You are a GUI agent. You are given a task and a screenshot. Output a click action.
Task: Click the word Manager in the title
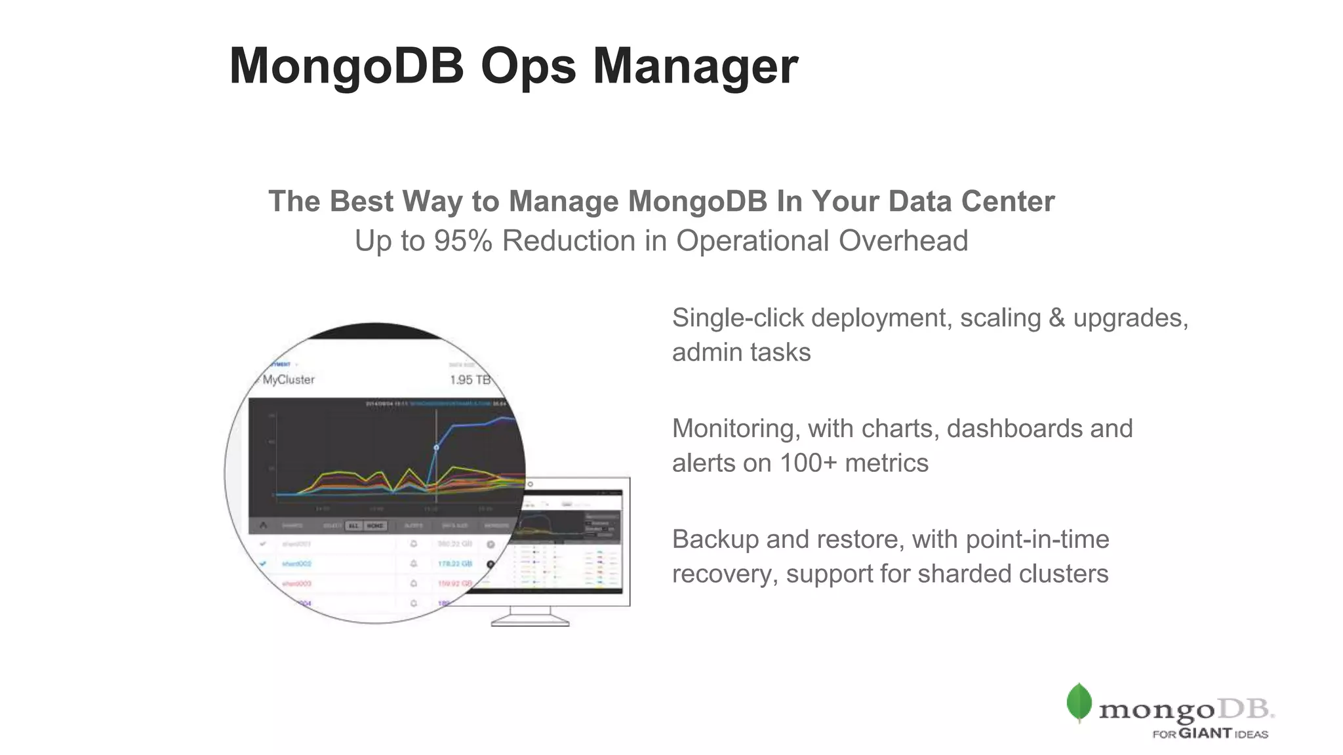pyautogui.click(x=695, y=66)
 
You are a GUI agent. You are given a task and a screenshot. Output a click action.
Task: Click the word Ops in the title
pyautogui.click(x=528, y=66)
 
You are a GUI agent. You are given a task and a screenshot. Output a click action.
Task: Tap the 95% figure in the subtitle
pyautogui.click(x=463, y=241)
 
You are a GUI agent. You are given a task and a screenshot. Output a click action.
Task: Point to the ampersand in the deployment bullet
pyautogui.click(x=1056, y=318)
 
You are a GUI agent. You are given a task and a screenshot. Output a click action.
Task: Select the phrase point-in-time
pyautogui.click(x=1037, y=539)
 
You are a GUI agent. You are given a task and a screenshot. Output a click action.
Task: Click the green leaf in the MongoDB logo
pyautogui.click(x=1079, y=702)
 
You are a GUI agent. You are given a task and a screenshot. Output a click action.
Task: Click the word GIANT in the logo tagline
pyautogui.click(x=1205, y=733)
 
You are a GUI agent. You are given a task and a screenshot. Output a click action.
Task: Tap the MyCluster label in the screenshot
pyautogui.click(x=289, y=379)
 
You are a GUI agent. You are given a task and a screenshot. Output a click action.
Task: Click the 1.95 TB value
pyautogui.click(x=470, y=380)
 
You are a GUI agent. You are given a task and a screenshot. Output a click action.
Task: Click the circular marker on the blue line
pyautogui.click(x=436, y=448)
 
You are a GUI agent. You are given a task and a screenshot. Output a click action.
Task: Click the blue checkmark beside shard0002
pyautogui.click(x=264, y=564)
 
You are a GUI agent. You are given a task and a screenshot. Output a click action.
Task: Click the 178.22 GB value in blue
pyautogui.click(x=454, y=564)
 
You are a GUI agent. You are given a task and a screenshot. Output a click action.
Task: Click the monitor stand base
pyautogui.click(x=530, y=623)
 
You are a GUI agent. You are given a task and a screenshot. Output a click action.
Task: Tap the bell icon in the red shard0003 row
pyautogui.click(x=414, y=583)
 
